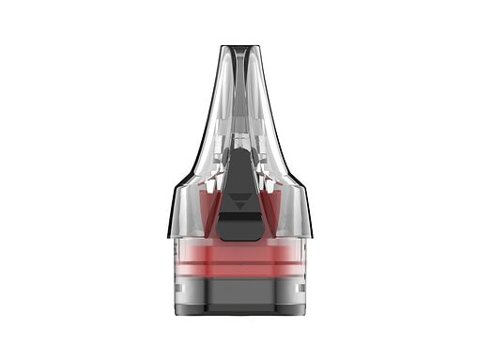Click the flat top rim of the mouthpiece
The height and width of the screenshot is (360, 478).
[x=239, y=47]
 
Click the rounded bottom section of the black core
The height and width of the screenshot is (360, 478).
[x=239, y=227]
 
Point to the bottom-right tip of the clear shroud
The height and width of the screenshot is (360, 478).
[x=310, y=235]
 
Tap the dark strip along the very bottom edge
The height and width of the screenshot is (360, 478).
[x=239, y=312]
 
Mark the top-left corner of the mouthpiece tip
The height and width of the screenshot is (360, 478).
[x=222, y=48]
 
